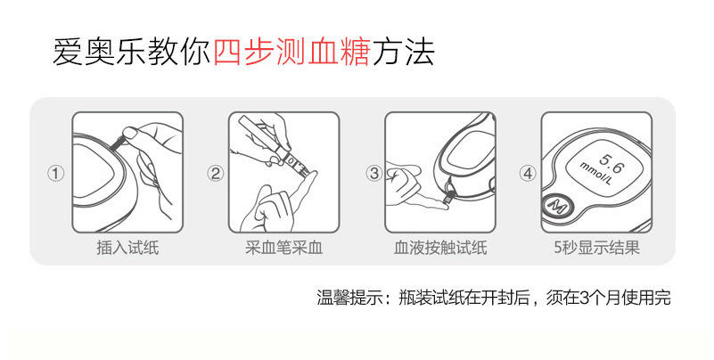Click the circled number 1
tap(55, 174)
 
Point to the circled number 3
tap(374, 174)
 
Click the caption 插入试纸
tap(127, 249)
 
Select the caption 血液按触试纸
tap(440, 249)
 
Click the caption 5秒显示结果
tap(596, 249)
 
